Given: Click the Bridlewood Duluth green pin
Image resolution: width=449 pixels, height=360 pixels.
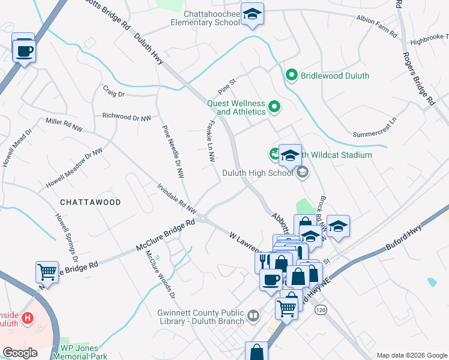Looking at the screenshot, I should (292, 76).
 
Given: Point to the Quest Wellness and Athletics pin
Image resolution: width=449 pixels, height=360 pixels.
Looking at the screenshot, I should (275, 107).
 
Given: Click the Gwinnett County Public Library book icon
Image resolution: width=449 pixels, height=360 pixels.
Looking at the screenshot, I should (253, 316).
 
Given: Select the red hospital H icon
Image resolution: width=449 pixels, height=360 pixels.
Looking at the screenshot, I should (26, 317).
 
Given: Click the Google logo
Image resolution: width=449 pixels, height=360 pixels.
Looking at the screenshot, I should (20, 353).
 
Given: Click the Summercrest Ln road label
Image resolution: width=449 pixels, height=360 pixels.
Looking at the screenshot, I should (375, 127).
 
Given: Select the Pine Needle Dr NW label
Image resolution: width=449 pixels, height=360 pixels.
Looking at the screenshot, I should (172, 152).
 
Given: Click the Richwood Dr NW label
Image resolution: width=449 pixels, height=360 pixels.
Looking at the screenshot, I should (127, 116).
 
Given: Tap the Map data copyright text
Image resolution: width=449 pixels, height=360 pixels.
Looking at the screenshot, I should (411, 355).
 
